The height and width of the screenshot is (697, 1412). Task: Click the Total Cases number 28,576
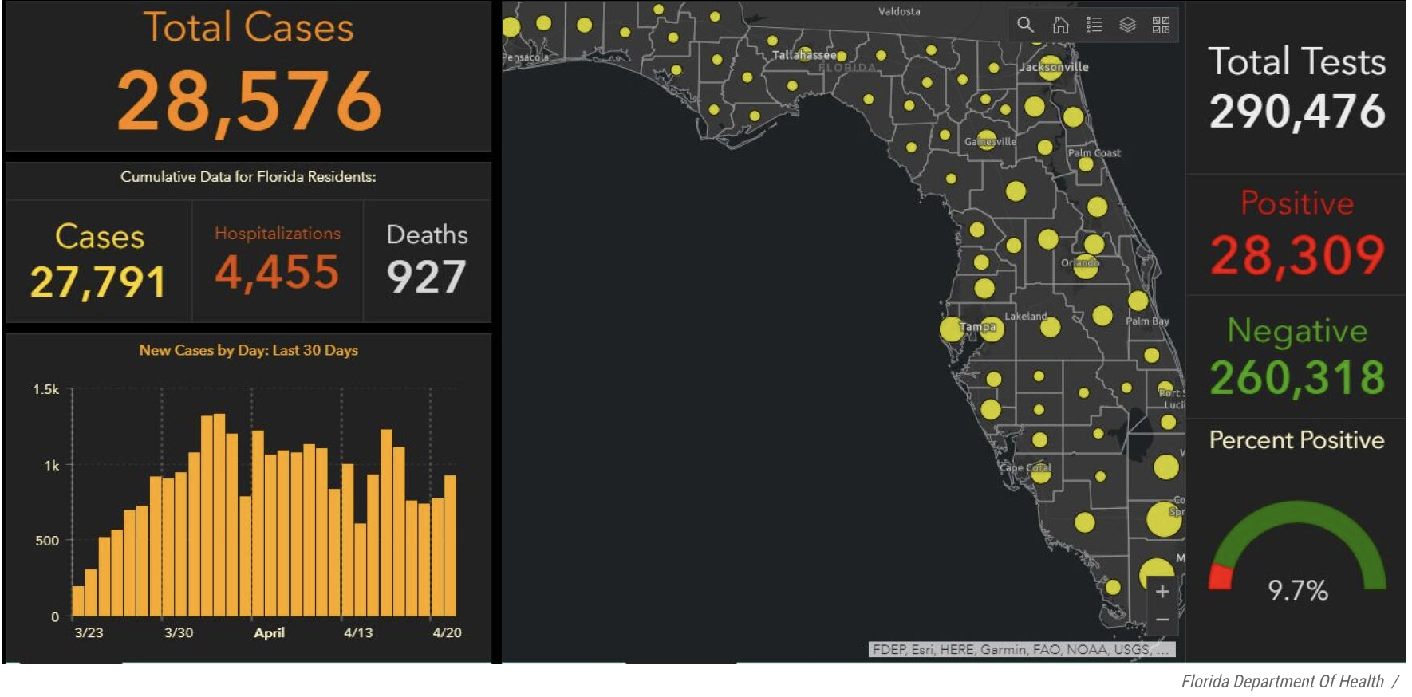(249, 100)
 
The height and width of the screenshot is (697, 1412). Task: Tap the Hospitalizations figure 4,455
(277, 273)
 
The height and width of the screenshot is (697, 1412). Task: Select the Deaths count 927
(426, 277)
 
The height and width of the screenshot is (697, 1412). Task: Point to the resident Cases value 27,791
(98, 282)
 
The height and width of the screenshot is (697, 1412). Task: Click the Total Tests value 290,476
(1296, 111)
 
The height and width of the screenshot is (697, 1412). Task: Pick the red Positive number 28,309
(1296, 255)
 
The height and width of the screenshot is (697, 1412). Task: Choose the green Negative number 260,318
(1296, 377)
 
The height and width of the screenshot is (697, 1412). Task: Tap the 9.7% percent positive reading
(1298, 590)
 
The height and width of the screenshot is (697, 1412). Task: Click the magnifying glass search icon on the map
(1026, 25)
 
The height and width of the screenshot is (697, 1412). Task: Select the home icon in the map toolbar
(1060, 25)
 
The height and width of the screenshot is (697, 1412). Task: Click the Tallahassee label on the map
(803, 55)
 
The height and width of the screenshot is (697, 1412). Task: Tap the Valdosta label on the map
(899, 11)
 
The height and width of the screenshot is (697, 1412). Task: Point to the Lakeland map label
(1025, 317)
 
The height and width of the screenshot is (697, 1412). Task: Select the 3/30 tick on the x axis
(179, 632)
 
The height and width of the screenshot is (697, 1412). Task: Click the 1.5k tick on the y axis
(46, 389)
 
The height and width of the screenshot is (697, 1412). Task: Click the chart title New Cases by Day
(248, 350)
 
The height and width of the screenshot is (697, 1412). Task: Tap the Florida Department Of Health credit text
(1282, 682)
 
